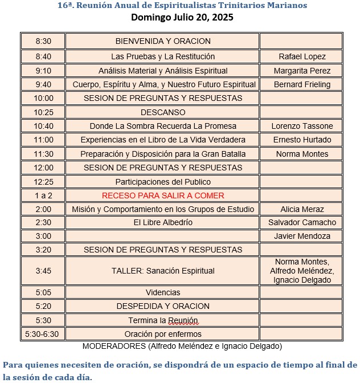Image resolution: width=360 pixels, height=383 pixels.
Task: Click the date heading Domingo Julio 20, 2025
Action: (182, 17)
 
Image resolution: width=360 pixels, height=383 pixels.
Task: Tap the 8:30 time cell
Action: (43, 41)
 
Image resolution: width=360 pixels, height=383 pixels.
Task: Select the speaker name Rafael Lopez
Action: (302, 56)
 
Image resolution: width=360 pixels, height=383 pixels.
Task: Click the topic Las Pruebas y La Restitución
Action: (163, 56)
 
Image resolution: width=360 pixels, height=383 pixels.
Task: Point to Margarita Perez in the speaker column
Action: (302, 71)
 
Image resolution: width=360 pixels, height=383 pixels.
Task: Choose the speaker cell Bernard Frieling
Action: (302, 84)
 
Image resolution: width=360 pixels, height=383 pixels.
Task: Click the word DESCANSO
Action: (163, 112)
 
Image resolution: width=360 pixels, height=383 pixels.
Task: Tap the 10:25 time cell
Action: (43, 112)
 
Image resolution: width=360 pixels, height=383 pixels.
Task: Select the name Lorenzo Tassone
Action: (302, 126)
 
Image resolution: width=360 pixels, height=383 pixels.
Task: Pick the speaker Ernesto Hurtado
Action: (302, 140)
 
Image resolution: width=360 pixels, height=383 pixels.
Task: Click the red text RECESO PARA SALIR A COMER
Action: (163, 195)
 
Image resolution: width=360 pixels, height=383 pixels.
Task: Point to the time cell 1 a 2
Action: (43, 195)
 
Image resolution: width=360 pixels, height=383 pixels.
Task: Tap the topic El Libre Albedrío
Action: (163, 222)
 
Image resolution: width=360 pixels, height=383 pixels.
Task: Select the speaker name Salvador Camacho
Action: (302, 222)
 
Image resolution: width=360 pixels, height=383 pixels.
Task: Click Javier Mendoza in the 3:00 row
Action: (302, 236)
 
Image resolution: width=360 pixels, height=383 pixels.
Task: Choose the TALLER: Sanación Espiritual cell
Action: (163, 271)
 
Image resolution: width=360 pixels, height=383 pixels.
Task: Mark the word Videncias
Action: (163, 292)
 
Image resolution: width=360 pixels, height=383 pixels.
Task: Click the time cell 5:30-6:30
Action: (43, 334)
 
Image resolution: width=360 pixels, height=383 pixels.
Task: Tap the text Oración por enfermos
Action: (163, 334)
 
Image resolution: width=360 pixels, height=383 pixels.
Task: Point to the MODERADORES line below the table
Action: (182, 346)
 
